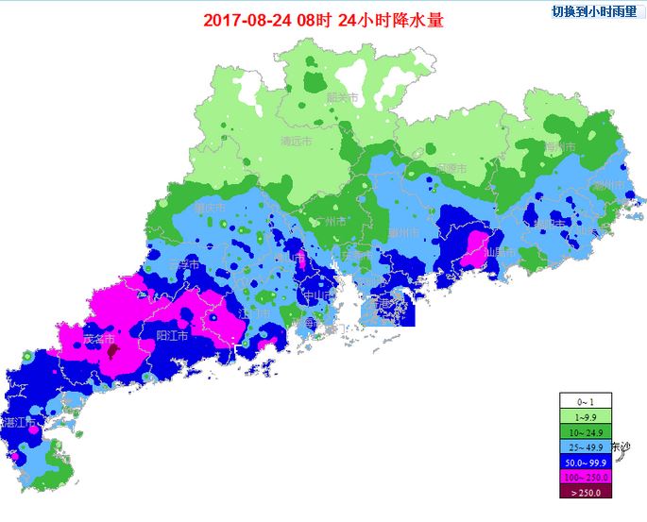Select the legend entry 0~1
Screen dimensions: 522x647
586,400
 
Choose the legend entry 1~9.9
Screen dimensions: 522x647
586,415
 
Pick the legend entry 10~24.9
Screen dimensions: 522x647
586,430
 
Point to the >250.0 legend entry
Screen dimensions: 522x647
586,491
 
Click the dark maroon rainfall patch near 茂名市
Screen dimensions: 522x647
112,351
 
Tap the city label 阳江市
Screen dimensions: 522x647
171,335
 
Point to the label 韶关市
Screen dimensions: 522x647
342,97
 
